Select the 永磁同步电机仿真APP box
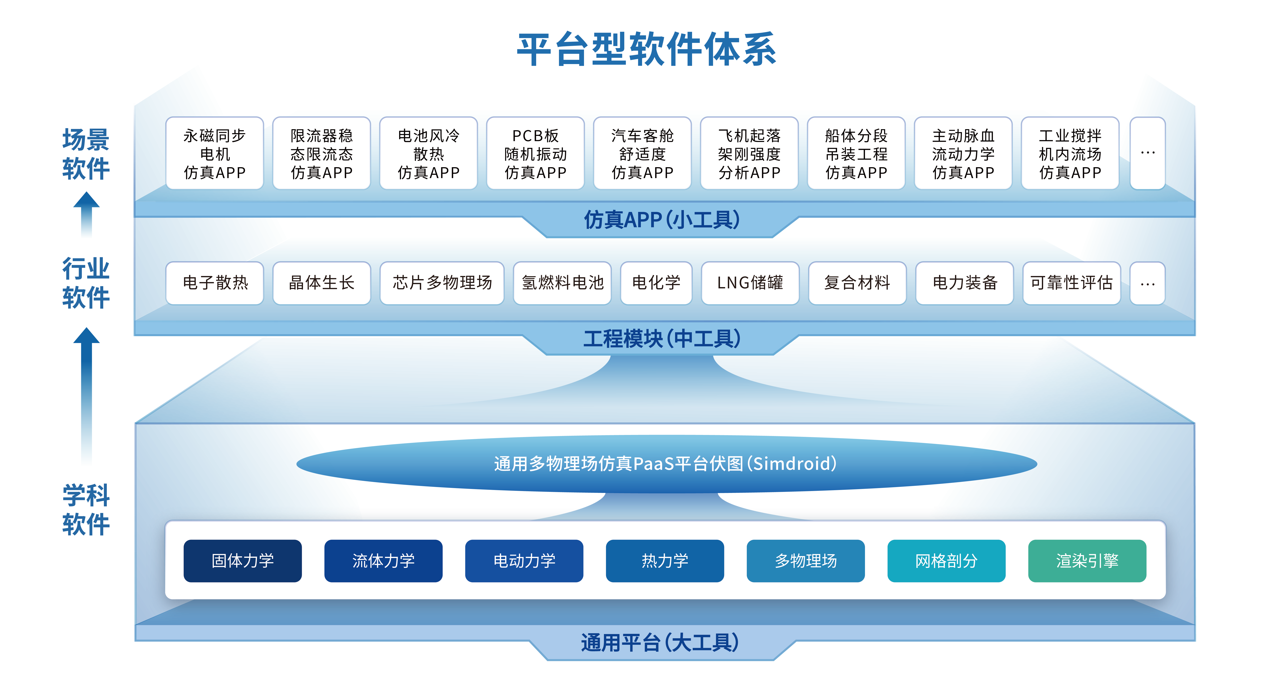point(215,154)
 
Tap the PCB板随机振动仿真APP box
point(536,154)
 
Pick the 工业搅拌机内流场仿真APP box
point(1070,154)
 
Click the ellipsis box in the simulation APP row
point(1147,154)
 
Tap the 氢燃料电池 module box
point(562,283)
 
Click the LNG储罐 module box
point(750,283)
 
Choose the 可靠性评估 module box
point(1071,283)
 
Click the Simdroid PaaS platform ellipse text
point(665,463)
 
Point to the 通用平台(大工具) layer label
point(660,643)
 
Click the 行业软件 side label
point(86,283)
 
